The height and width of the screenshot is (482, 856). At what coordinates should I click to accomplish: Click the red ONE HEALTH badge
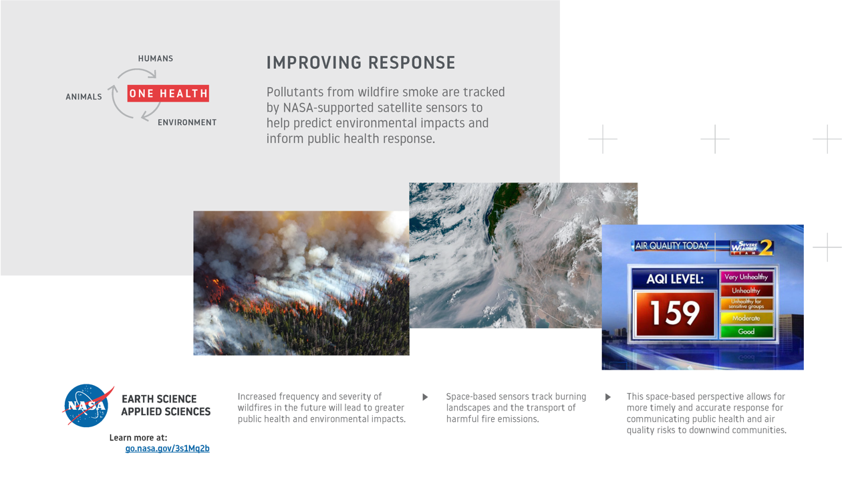coord(168,94)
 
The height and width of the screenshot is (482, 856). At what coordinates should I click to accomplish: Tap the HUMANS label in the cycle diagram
coord(156,58)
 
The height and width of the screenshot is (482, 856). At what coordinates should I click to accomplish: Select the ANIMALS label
coord(84,97)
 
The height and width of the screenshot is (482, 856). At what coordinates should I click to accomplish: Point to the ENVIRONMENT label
coord(187,122)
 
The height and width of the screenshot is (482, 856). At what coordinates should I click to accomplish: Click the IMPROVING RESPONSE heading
coord(361,63)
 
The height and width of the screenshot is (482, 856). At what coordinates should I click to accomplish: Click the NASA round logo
coord(88,405)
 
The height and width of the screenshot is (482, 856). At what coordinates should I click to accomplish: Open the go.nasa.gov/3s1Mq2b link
coord(167,449)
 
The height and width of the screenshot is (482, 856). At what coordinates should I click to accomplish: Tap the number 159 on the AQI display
coord(674,313)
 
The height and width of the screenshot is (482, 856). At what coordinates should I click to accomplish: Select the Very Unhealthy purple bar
coord(746,277)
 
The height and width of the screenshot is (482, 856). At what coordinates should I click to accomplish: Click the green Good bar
coord(746,332)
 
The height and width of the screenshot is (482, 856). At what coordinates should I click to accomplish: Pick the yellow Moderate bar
coord(746,318)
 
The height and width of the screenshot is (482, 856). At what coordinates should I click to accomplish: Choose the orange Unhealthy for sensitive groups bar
coord(746,304)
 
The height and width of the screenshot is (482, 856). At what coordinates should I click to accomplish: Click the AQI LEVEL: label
coord(675,279)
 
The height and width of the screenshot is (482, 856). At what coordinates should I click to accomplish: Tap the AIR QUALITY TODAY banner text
coord(672,246)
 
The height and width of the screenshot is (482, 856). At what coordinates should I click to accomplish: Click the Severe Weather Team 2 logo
coord(752,247)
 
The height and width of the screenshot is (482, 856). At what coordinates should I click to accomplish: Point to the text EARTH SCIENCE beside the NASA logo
coord(159,399)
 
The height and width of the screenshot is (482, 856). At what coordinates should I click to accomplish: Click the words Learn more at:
coord(138,438)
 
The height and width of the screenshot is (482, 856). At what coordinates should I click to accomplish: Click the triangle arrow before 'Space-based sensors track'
coord(425,397)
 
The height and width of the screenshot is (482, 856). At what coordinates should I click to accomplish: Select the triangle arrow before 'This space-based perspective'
coord(607,397)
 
